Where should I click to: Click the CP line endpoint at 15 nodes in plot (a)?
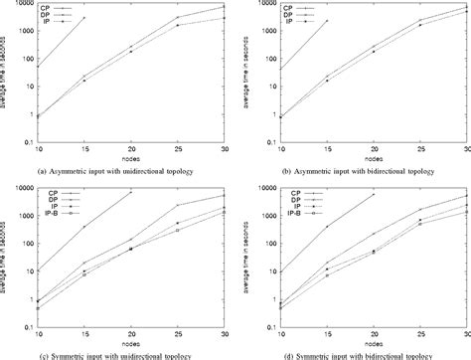point(83,18)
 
